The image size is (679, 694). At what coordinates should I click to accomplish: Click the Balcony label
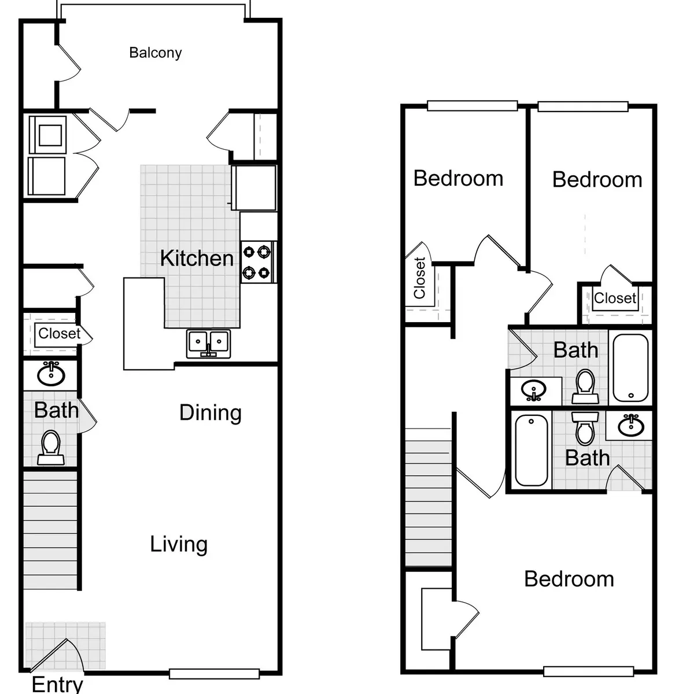155,53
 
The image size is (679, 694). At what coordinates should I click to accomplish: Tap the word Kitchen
197,258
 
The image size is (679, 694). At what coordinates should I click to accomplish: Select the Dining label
210,412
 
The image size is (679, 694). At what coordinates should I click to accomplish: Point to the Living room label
179,544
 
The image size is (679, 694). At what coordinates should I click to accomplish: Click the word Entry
57,684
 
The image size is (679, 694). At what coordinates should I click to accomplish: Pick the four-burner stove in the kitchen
257,262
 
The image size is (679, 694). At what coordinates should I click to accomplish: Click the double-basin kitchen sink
208,344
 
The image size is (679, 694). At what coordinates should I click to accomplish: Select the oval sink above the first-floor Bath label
51,374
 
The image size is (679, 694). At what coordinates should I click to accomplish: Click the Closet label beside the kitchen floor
59,334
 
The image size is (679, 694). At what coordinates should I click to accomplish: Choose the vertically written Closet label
419,278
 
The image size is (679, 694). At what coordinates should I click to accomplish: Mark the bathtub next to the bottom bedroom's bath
531,451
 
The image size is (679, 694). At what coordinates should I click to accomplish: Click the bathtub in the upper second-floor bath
630,367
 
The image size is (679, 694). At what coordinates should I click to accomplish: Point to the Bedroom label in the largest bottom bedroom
569,579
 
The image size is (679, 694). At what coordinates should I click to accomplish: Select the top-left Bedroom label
458,178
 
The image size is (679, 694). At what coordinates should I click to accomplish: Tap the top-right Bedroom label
597,179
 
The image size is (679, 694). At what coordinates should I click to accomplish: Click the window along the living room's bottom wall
214,673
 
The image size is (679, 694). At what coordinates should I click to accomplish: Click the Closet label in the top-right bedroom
615,298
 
